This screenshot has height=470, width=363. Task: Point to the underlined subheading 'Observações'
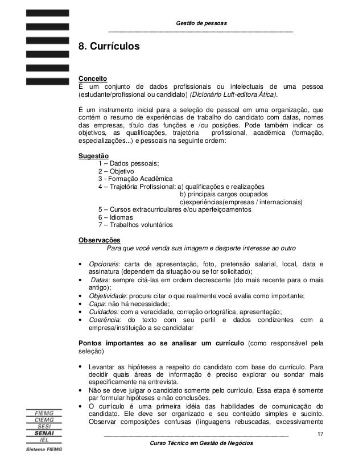(x=98, y=240)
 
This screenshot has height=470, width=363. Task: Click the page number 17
(x=321, y=435)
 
